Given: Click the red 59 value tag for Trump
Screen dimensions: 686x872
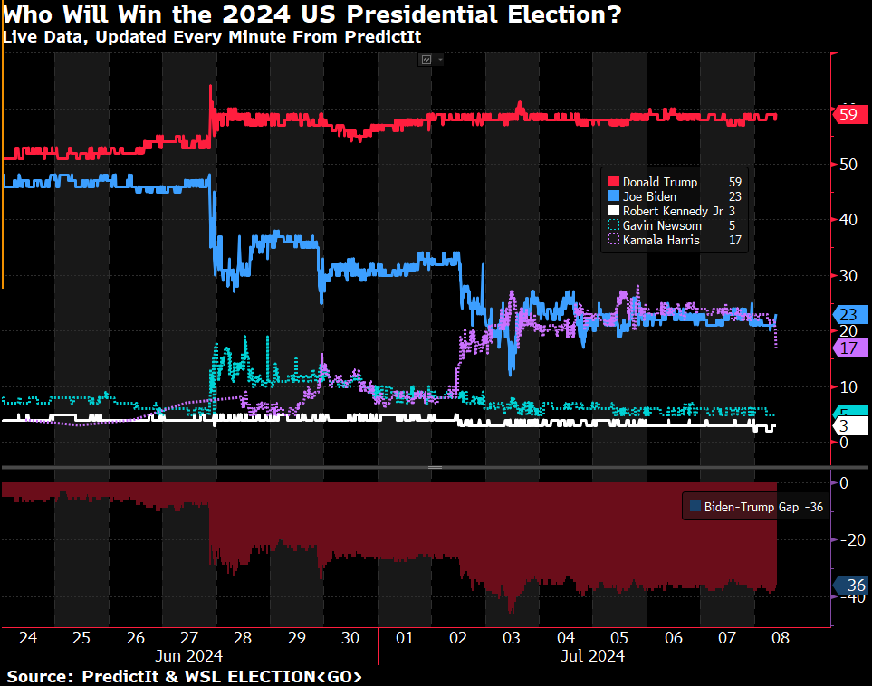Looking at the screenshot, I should (x=849, y=115).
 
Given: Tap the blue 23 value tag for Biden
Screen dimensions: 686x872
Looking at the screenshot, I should (x=850, y=315).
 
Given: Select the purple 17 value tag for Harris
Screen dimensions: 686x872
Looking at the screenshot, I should (x=850, y=348).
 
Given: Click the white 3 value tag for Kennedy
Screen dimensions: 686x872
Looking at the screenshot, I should (x=843, y=425).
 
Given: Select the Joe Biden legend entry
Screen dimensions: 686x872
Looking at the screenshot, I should (x=649, y=196).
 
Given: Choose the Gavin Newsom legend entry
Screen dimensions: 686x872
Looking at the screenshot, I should (x=662, y=225).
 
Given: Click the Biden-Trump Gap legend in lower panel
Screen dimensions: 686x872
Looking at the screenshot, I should (x=755, y=508).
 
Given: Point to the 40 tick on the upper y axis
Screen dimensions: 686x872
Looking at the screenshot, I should (x=848, y=219).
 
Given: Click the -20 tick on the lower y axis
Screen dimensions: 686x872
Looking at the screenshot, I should (x=851, y=540).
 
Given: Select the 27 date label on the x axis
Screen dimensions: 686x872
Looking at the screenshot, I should (x=189, y=637).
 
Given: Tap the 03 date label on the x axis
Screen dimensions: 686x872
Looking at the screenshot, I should (x=512, y=637).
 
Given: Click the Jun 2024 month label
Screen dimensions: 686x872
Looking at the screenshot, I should (x=189, y=654).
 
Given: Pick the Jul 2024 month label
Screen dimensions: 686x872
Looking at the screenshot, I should (x=592, y=654).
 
